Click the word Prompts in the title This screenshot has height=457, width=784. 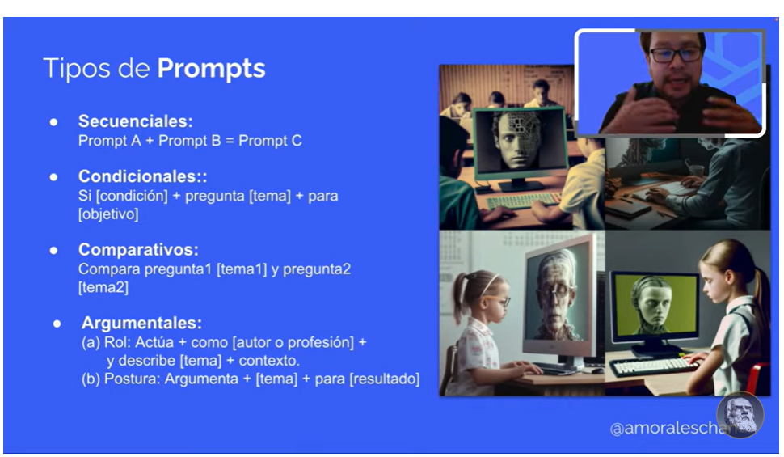211,68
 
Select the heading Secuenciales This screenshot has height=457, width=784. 136,121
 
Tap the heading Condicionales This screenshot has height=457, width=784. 142,176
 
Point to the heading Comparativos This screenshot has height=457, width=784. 138,249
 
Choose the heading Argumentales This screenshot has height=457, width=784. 141,323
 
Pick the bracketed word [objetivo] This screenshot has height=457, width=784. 108,214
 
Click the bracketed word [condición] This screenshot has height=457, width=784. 132,196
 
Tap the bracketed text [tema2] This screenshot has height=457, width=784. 103,287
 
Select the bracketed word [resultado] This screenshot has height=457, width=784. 384,379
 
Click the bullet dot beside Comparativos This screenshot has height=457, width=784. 53,250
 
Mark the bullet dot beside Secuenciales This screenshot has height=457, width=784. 53,122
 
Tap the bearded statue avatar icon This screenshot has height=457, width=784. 740,415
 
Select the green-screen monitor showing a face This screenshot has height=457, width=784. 655,311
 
